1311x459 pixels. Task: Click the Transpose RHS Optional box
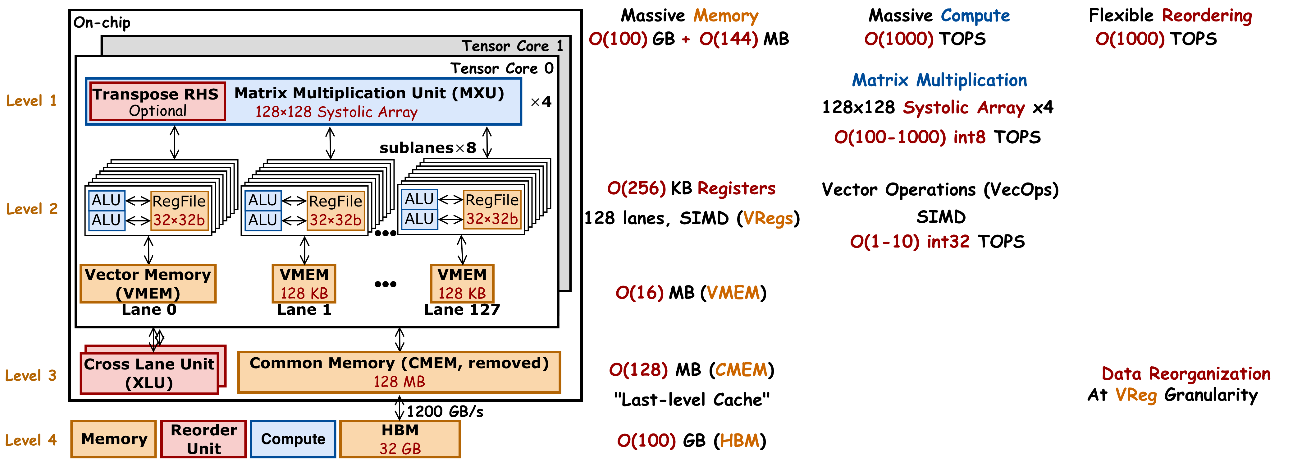[157, 102]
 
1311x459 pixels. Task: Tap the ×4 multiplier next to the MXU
[541, 102]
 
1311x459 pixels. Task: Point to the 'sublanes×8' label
[427, 148]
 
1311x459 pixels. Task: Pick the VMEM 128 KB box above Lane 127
[462, 283]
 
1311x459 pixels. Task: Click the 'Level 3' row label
[30, 375]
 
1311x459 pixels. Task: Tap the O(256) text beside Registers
[636, 188]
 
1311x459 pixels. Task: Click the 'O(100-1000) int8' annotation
[909, 137]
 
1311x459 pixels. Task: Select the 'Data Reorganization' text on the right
[1186, 374]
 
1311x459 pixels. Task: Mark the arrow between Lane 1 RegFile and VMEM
[304, 250]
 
